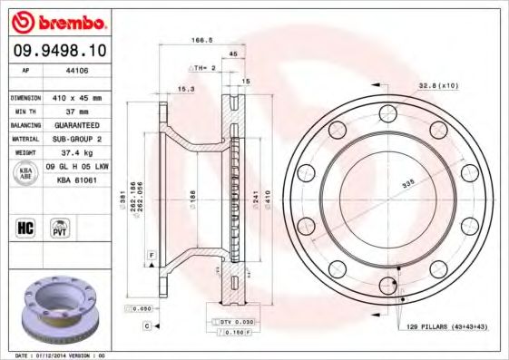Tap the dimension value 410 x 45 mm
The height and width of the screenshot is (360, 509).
pyautogui.click(x=75, y=96)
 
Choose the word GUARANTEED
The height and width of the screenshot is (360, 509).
pyautogui.click(x=76, y=124)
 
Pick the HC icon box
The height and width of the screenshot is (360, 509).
pyautogui.click(x=24, y=227)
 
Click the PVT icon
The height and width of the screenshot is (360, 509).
pyautogui.click(x=61, y=227)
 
